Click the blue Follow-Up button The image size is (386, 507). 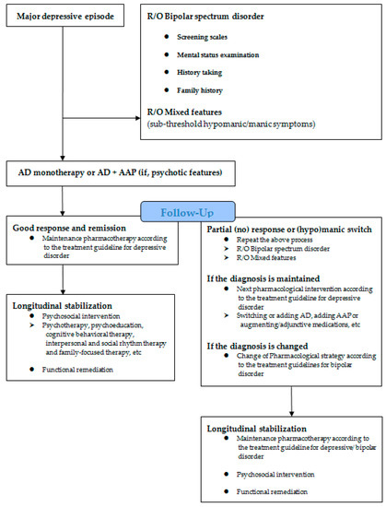click(x=188, y=212)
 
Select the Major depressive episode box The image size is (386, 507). click(x=65, y=16)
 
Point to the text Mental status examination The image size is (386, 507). click(x=217, y=55)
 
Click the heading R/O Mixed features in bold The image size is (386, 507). click(x=184, y=112)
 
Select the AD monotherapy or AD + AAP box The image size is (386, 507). click(x=121, y=173)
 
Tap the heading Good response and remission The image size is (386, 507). click(x=69, y=228)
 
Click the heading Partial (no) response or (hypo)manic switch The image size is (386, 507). click(x=289, y=230)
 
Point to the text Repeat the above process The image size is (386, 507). click(x=275, y=240)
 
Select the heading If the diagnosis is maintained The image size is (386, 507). click(x=263, y=278)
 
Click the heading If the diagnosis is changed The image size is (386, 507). click(x=257, y=347)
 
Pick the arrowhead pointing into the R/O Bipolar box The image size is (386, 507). click(x=138, y=118)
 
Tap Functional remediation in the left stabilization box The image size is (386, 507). click(x=77, y=370)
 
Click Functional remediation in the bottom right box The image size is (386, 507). click(x=272, y=492)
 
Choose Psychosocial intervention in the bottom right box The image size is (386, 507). click(x=275, y=475)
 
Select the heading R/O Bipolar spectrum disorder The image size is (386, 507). click(x=205, y=17)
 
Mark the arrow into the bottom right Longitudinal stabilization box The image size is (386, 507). click(x=291, y=401)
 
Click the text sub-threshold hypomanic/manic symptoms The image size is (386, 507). click(x=231, y=124)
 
